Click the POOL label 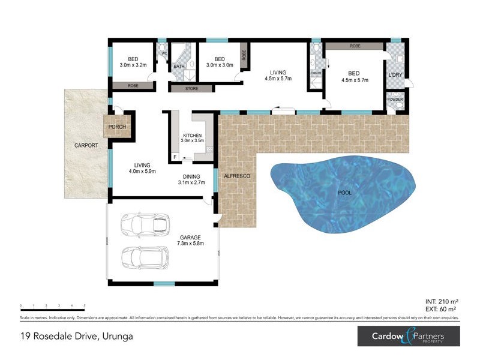[344, 193]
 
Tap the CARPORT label [86, 146]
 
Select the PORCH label [116, 128]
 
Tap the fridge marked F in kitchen [175, 158]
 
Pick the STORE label [191, 89]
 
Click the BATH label [179, 66]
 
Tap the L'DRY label [395, 74]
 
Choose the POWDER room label [395, 100]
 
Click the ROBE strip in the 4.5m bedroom [355, 46]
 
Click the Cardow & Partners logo [408, 336]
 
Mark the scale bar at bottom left [52, 306]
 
